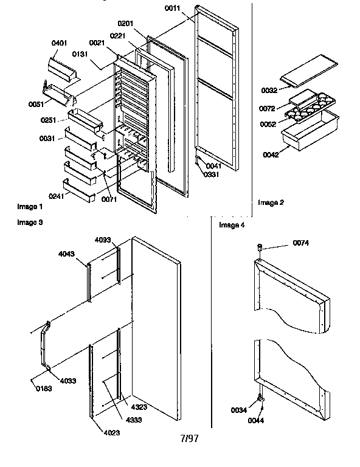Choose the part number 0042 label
(272, 155)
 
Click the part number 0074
(301, 243)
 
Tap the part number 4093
(103, 240)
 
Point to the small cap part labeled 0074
(260, 247)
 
